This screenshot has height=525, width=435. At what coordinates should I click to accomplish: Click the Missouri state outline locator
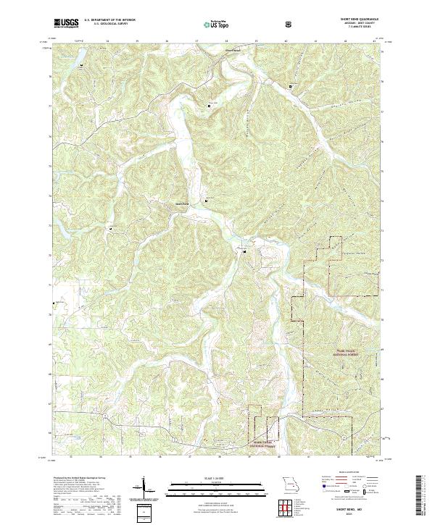289,484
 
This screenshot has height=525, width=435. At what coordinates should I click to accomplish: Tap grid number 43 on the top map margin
373,41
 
